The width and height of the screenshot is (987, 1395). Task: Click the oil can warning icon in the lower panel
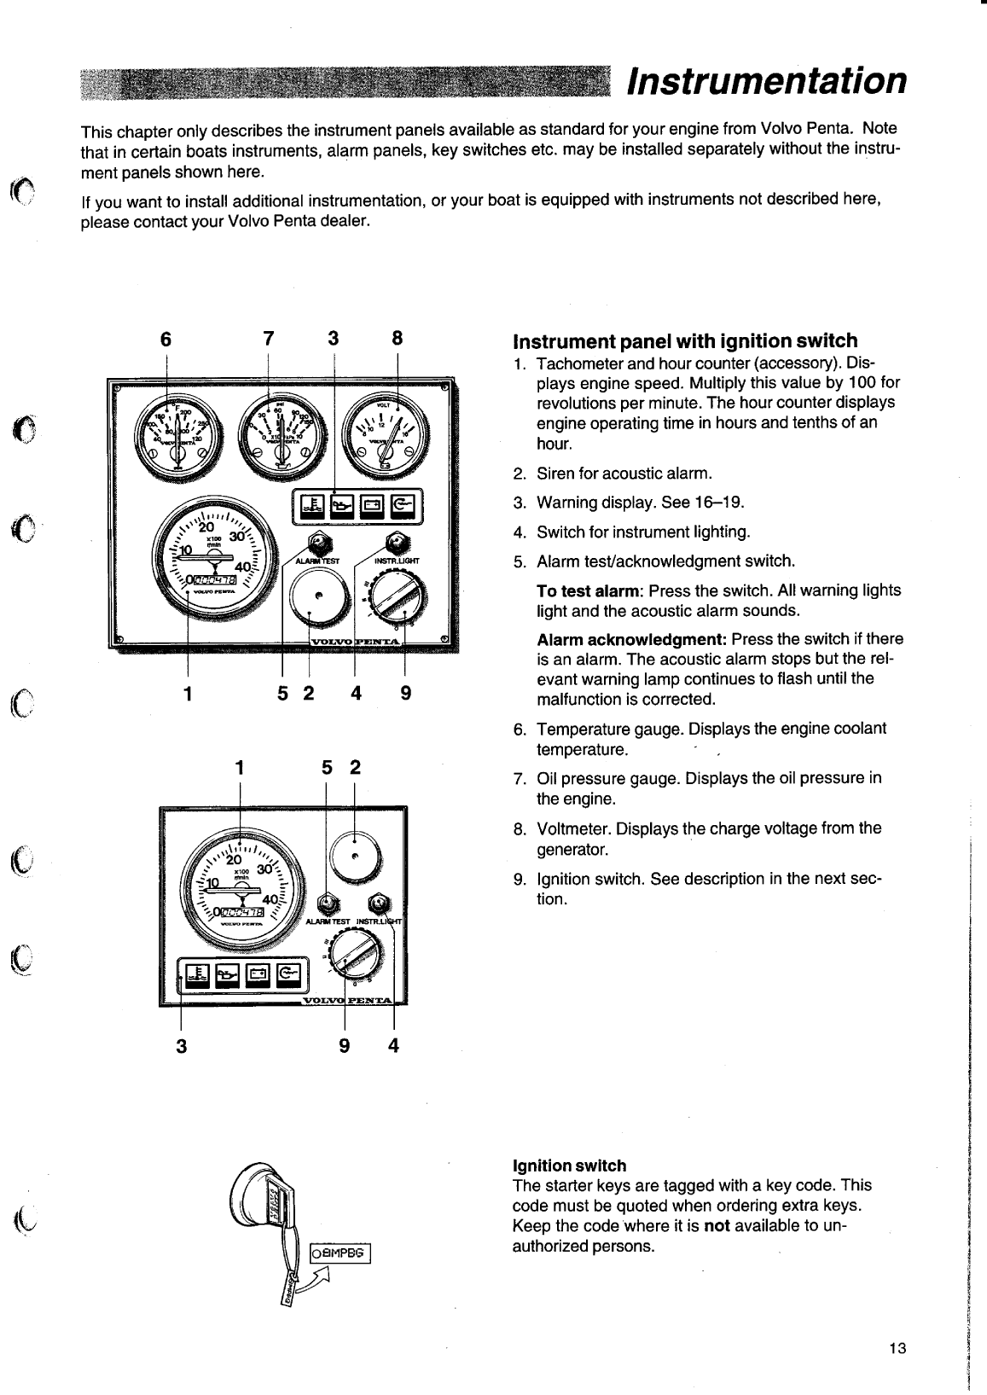227,973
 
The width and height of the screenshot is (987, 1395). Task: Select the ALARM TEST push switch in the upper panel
318,543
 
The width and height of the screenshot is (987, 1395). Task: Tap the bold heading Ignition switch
569,1165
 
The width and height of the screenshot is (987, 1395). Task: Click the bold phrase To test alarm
589,590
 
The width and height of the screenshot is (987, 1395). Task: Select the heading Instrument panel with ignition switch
684,341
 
